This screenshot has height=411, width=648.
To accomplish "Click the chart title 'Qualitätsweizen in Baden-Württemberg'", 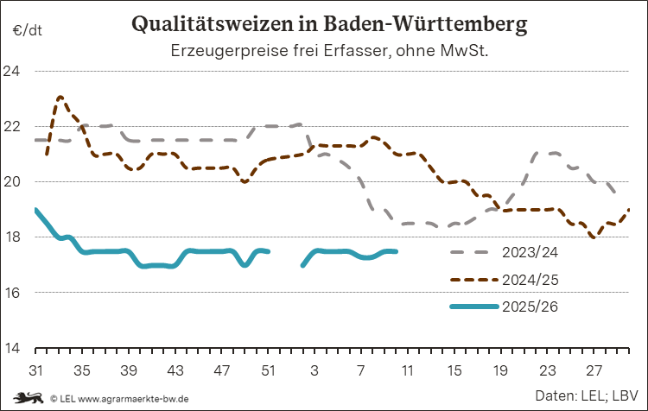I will point(327,24).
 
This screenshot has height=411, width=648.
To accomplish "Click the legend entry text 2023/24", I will point(530,252).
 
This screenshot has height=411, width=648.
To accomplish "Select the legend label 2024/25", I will point(530,280).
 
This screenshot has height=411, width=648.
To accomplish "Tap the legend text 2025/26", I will point(530,307).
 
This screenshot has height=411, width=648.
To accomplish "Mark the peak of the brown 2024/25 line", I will point(60,98).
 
